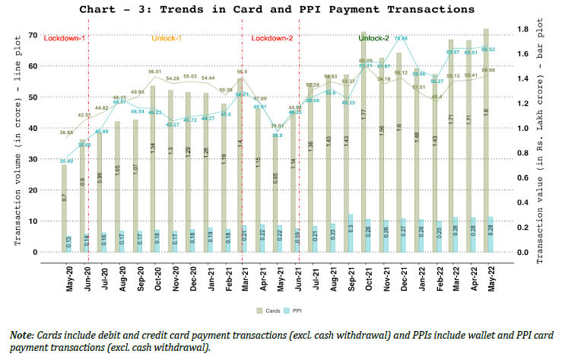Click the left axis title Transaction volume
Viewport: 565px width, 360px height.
point(17,145)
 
